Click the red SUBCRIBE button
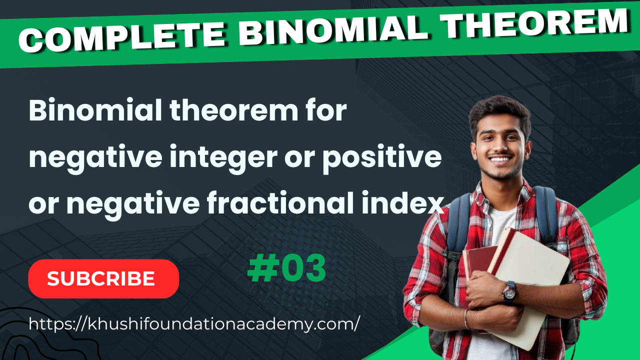pos(103,279)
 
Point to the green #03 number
pos(286,268)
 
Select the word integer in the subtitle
pos(223,158)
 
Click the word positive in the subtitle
pos(382,157)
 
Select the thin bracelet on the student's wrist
pos(466,319)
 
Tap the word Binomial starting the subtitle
pos(95,110)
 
